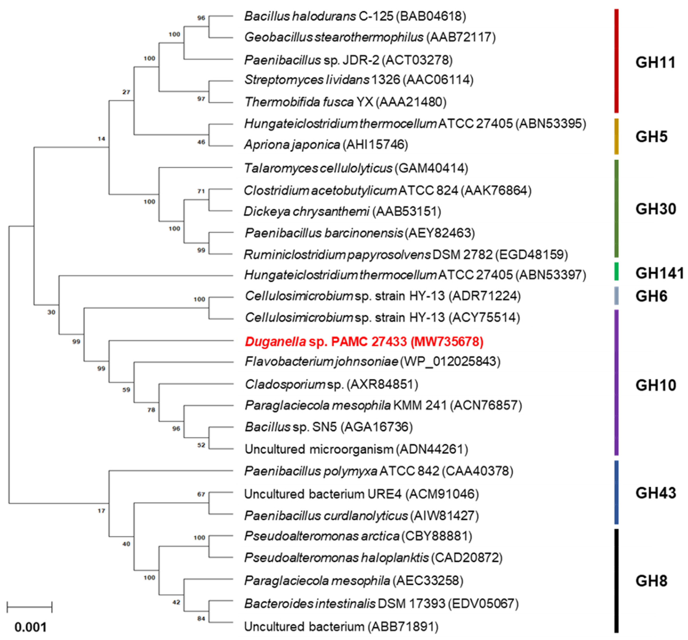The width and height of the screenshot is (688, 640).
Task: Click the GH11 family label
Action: pos(655,63)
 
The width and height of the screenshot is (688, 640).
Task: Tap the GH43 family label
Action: pos(655,493)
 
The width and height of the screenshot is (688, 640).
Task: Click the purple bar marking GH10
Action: pos(616,382)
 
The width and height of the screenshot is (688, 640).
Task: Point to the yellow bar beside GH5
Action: pos(616,136)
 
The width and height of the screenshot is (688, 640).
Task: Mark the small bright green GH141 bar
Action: pos(616,272)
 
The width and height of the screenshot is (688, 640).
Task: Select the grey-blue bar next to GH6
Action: pos(616,296)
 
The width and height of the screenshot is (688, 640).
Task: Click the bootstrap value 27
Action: pos(126,92)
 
